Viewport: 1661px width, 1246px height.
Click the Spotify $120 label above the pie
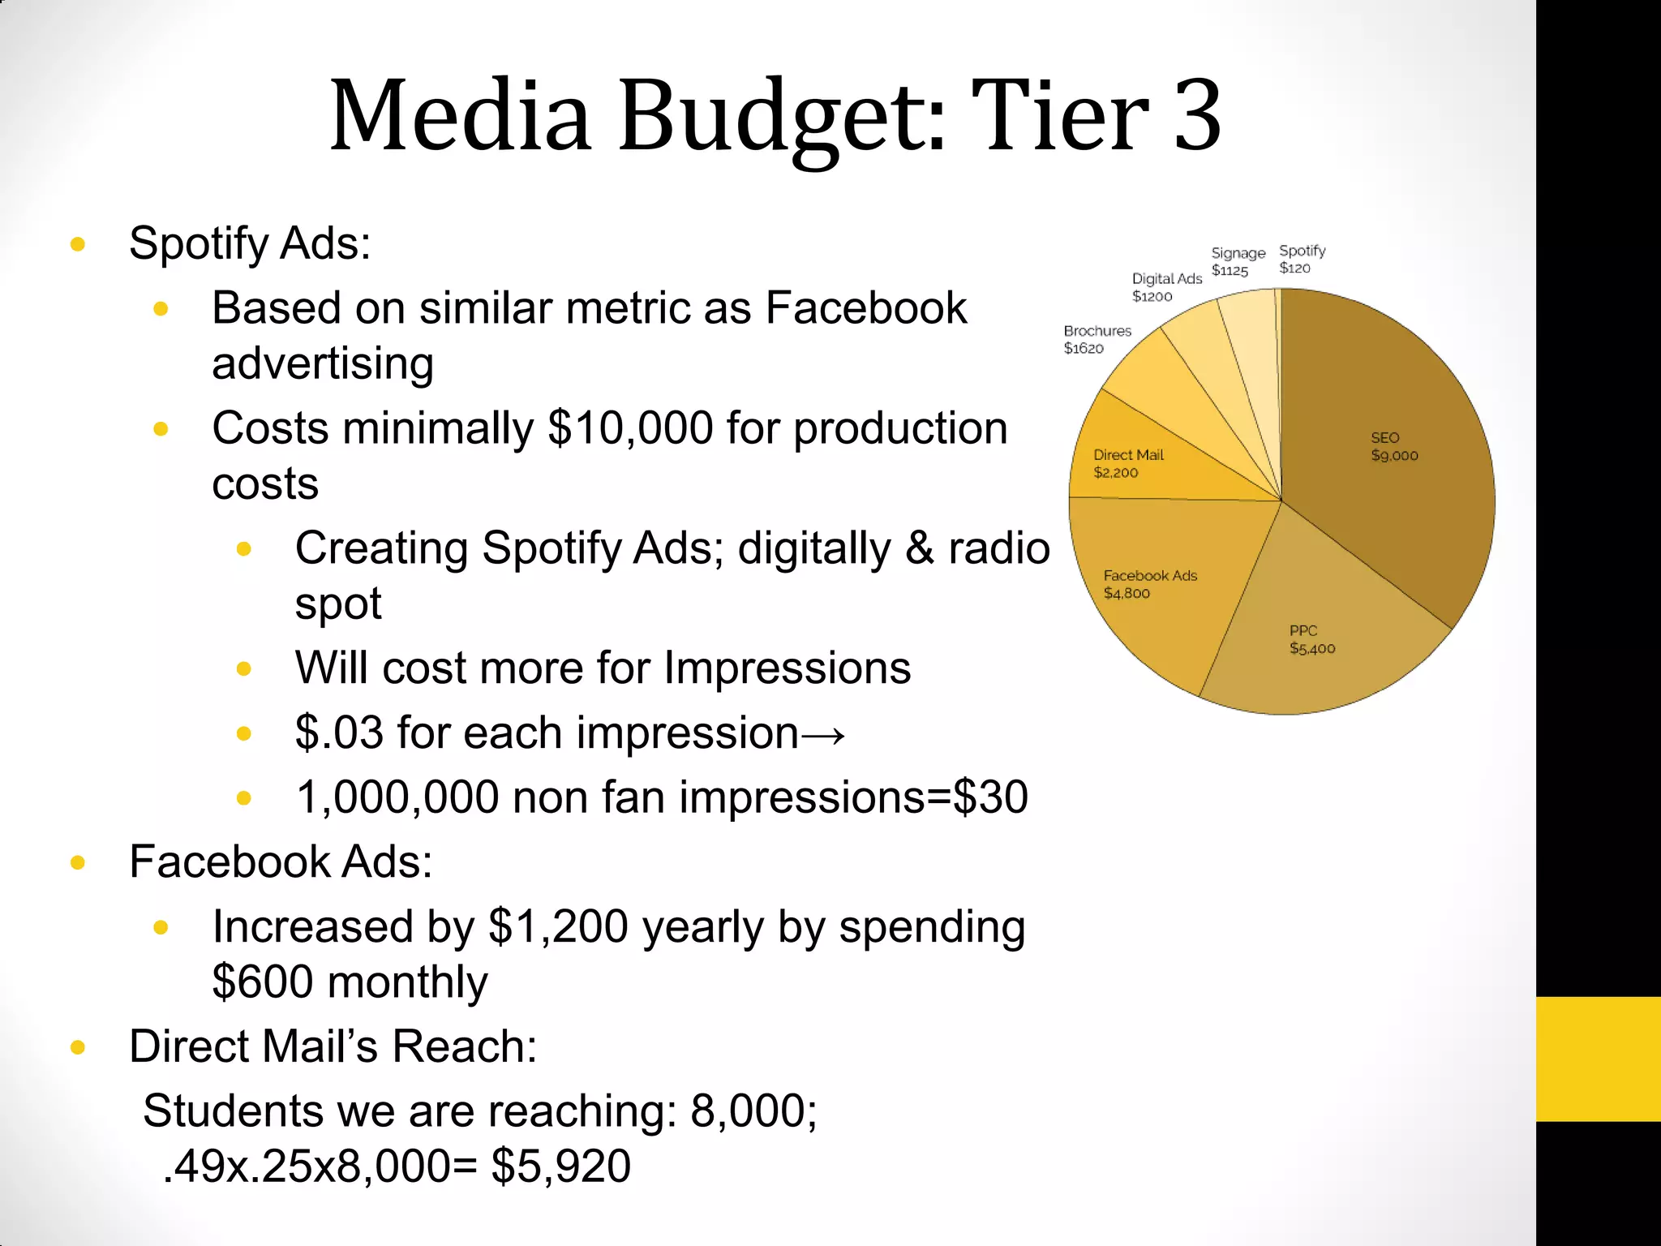(1302, 259)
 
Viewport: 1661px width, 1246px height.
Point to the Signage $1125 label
(1238, 261)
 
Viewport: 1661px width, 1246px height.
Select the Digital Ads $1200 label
(1166, 287)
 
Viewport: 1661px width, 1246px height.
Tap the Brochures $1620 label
(1097, 339)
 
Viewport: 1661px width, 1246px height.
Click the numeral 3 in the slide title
(1197, 115)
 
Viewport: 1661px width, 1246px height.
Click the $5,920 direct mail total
(560, 1167)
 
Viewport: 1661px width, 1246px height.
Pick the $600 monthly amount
(263, 982)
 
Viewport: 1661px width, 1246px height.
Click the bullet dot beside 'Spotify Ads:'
(79, 244)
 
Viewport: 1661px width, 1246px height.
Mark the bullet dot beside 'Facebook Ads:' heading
(79, 862)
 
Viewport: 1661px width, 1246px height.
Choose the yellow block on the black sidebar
(1598, 1059)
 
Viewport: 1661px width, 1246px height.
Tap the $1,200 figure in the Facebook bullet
(558, 927)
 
